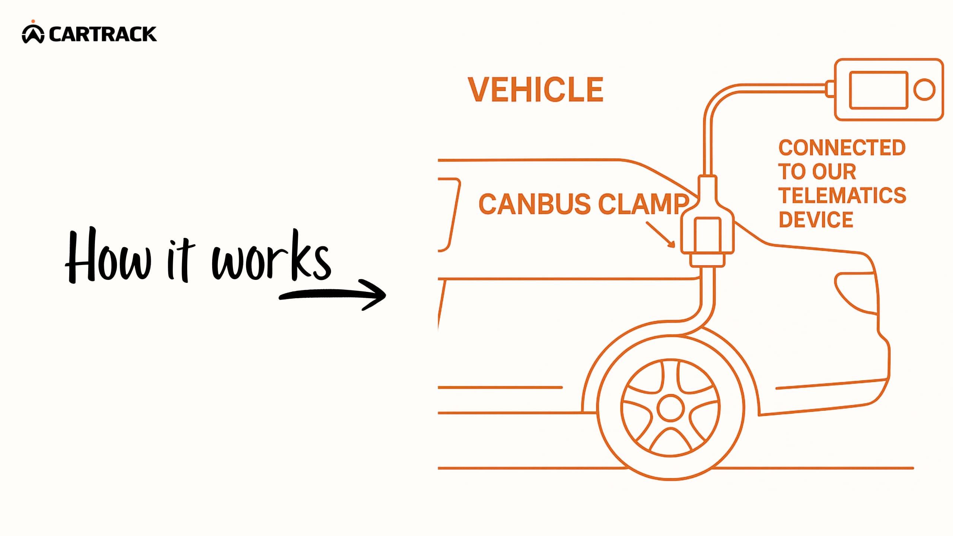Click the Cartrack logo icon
tap(33, 33)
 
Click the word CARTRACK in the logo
tap(103, 34)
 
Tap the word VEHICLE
tap(535, 90)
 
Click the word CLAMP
tap(643, 204)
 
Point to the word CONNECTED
tap(842, 148)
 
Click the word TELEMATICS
tap(842, 196)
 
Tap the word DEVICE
tap(816, 220)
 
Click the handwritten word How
tap(108, 257)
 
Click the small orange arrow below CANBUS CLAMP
tap(661, 235)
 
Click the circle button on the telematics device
tap(924, 90)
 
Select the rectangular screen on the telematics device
tap(878, 90)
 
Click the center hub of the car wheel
tap(670, 408)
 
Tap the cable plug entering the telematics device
tap(829, 89)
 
